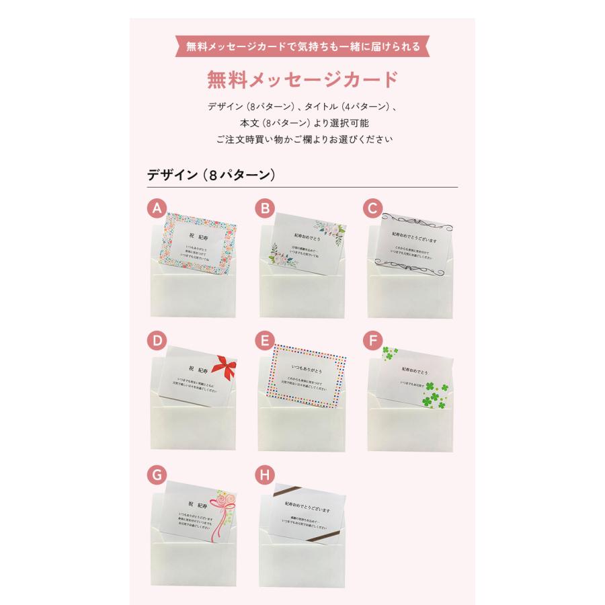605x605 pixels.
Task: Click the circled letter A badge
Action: click(157, 209)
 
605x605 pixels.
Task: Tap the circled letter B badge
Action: click(266, 209)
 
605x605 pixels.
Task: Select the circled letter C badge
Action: click(372, 209)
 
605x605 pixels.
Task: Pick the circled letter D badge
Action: click(157, 341)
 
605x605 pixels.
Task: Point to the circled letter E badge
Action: click(266, 341)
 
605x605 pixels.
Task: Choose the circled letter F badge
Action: click(372, 341)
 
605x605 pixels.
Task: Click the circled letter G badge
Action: click(157, 475)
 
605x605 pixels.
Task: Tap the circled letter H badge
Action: click(266, 475)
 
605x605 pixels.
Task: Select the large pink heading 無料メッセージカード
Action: click(302, 79)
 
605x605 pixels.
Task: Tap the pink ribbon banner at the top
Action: click(302, 46)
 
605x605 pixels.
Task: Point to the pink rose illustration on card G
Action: click(223, 503)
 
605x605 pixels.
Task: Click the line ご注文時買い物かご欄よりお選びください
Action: click(302, 140)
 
